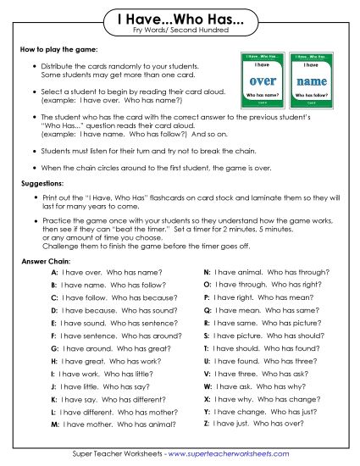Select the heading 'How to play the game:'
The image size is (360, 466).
point(53,51)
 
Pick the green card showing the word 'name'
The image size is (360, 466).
point(310,81)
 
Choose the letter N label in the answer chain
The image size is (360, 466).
point(208,274)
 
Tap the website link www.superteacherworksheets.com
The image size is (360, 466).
point(234,454)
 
